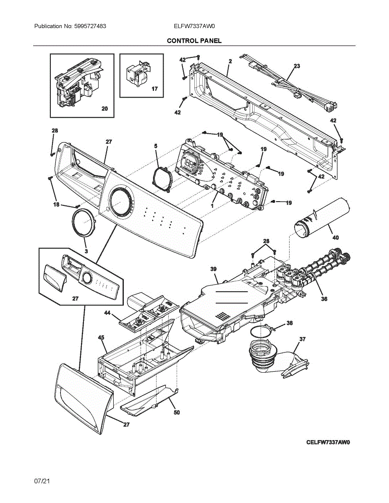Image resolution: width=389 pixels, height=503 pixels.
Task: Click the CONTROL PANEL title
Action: click(194, 41)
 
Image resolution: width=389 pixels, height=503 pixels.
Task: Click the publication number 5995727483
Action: click(91, 26)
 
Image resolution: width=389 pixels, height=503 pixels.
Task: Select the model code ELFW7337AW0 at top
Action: click(194, 26)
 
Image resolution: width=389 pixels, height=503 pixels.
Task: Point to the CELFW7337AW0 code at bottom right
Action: click(328, 442)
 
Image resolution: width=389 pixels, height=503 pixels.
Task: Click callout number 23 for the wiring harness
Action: click(297, 66)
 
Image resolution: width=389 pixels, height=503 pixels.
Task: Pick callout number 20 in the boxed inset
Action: click(104, 109)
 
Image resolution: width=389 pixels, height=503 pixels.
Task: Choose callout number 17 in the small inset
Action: click(154, 89)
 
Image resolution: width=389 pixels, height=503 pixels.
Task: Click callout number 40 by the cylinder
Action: click(335, 238)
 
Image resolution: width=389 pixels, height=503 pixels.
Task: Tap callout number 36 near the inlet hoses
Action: click(324, 299)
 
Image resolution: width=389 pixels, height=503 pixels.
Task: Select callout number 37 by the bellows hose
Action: click(302, 339)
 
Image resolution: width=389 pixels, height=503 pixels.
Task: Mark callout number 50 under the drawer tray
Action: click(177, 412)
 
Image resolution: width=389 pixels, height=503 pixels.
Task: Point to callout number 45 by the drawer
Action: click(101, 337)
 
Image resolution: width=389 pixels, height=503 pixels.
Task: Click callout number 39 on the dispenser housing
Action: click(213, 269)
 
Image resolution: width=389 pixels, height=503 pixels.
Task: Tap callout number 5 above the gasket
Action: click(156, 146)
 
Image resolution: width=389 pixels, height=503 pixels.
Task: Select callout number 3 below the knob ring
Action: click(86, 251)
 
